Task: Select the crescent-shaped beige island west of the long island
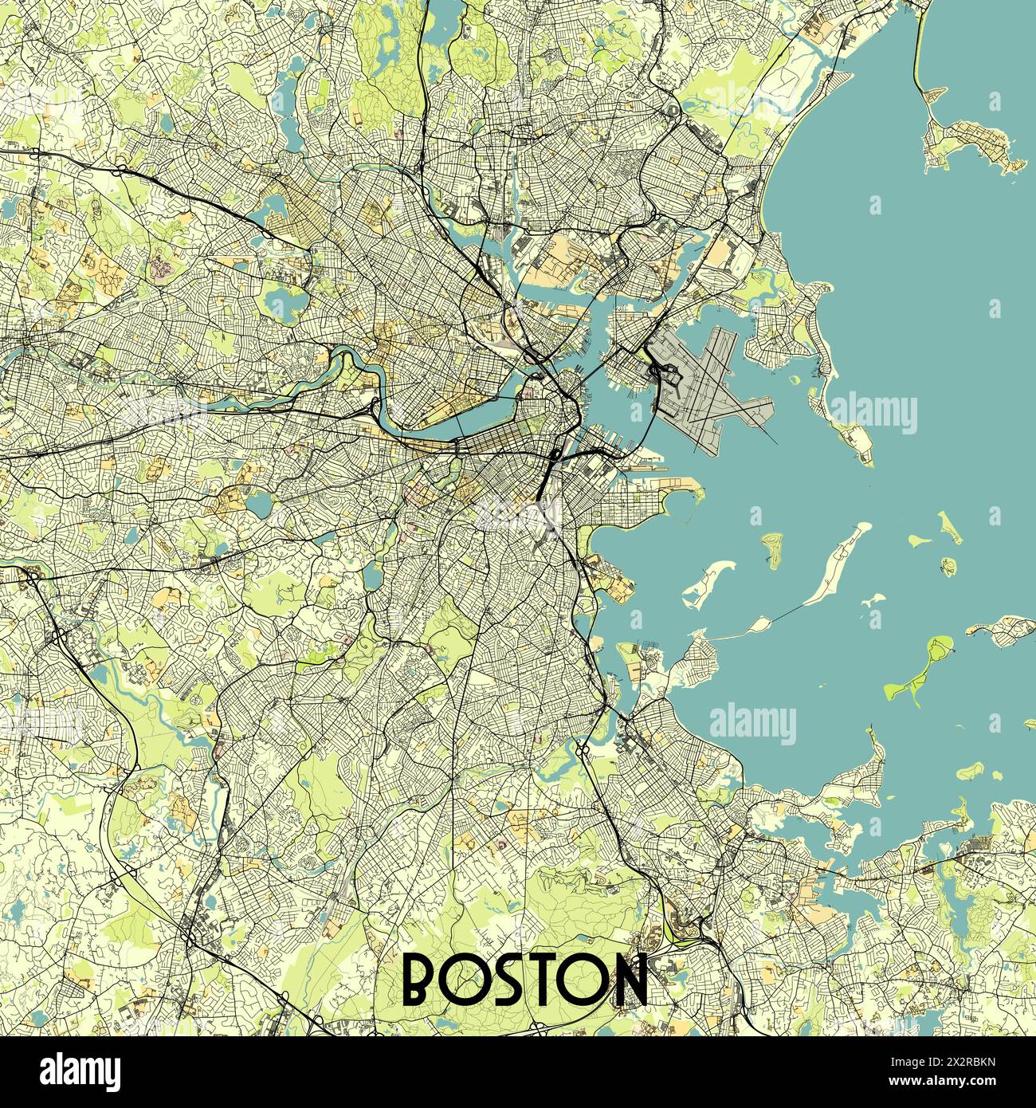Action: pyautogui.click(x=712, y=580)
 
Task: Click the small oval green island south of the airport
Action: pyautogui.click(x=771, y=551)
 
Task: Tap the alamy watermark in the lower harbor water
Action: pyautogui.click(x=752, y=723)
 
